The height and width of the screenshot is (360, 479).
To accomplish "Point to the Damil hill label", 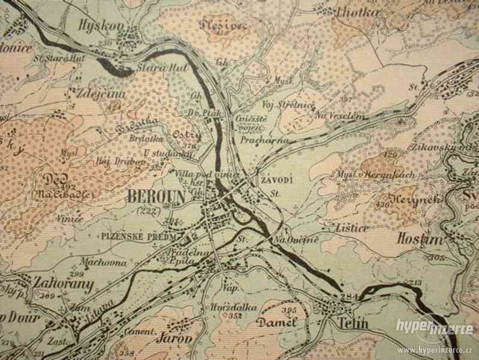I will (x=276, y=322).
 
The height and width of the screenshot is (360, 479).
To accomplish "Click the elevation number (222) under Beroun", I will (x=146, y=210).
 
